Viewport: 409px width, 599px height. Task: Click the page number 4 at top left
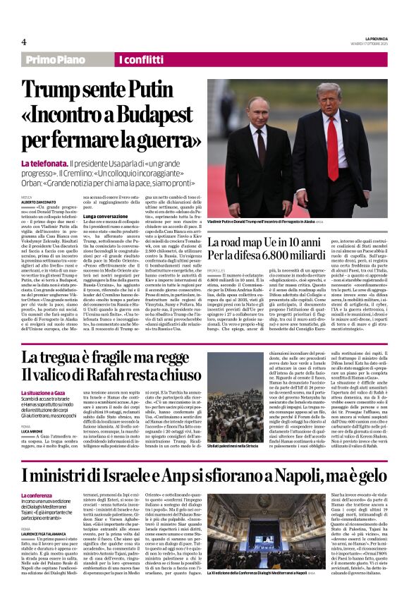tap(24, 43)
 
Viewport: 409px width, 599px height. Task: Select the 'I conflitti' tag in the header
tap(146, 61)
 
